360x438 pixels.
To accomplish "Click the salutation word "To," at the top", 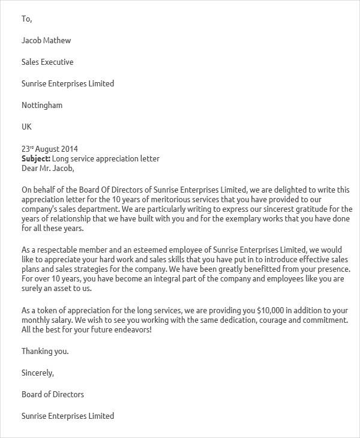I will pyautogui.click(x=26, y=19).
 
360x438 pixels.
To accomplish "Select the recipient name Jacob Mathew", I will pyautogui.click(x=46, y=40).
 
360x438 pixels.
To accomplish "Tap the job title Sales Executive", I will pyautogui.click(x=47, y=62).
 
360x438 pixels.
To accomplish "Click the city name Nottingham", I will pyautogui.click(x=42, y=105).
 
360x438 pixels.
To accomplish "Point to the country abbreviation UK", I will pyautogui.click(x=26, y=127).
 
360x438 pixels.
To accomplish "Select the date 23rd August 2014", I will pyautogui.click(x=50, y=149).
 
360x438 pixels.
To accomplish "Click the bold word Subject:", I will pyautogui.click(x=36, y=158).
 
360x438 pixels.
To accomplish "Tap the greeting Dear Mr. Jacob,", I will pyautogui.click(x=48, y=168).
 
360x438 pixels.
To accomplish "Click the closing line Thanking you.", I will pyautogui.click(x=45, y=351).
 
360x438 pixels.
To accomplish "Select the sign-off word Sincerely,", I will pyautogui.click(x=38, y=373).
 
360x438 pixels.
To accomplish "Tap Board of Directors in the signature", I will pyautogui.click(x=53, y=394).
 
